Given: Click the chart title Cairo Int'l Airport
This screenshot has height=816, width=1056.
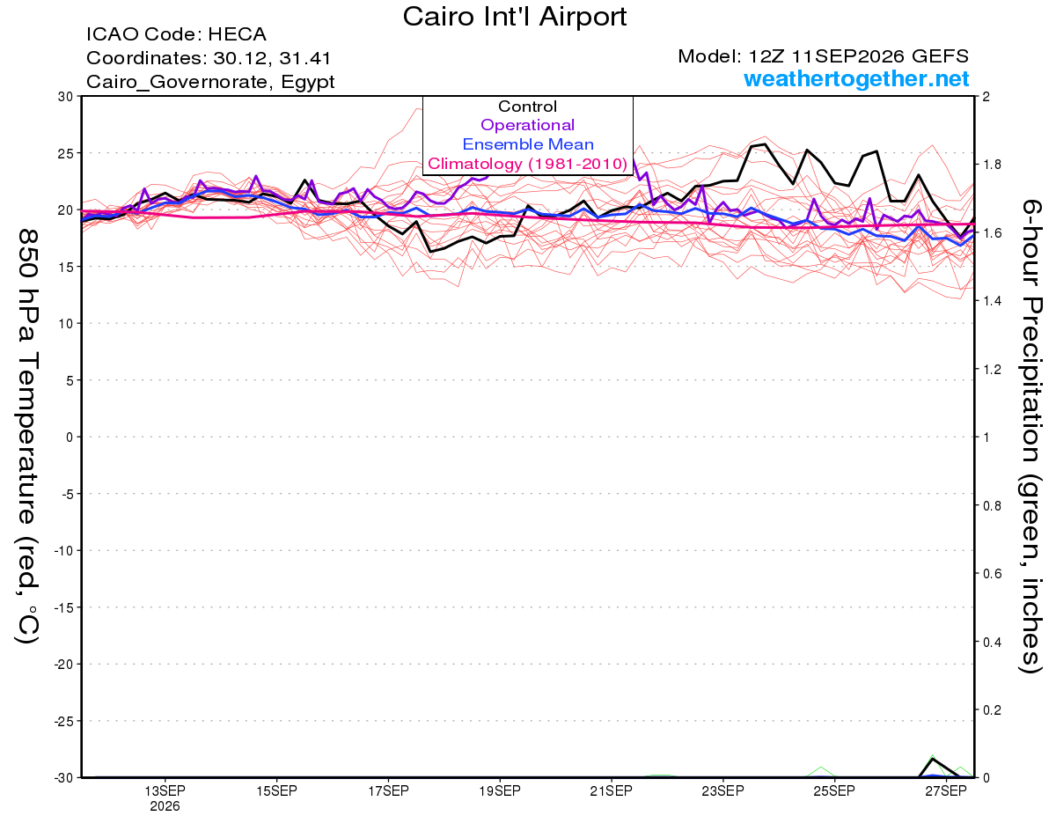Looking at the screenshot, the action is click(515, 17).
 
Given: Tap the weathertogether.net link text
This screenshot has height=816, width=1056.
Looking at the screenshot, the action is click(856, 78).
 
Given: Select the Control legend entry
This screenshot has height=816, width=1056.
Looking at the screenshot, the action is click(527, 107).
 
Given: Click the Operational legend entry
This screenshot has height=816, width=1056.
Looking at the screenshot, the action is click(527, 125).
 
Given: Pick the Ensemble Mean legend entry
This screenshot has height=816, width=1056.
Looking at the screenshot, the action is click(528, 144).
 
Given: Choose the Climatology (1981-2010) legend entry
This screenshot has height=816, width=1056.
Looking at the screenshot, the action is click(528, 164).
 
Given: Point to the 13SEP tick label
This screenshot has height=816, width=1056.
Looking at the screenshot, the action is click(165, 790).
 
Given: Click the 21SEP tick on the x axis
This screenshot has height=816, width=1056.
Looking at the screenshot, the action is click(612, 790).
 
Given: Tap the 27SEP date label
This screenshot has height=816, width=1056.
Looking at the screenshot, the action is click(946, 790).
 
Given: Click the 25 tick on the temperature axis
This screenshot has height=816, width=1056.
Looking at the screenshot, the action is click(66, 153).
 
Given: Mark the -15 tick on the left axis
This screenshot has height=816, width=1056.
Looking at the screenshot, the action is click(63, 607).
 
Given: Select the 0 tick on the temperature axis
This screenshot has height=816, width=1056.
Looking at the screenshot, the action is click(70, 437).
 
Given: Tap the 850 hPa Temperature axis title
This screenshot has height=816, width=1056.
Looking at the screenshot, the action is click(27, 437).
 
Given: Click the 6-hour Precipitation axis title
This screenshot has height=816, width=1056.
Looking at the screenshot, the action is click(1030, 436).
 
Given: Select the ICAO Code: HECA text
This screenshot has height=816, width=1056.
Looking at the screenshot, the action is click(176, 34).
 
